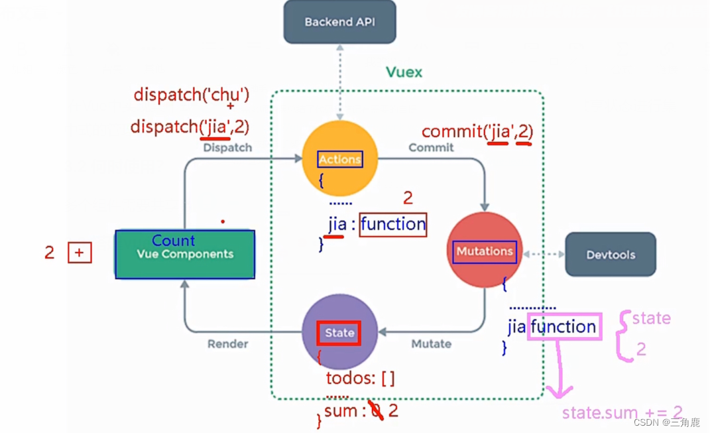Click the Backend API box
click(339, 22)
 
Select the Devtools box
click(610, 255)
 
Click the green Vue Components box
click(185, 255)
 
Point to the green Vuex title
click(404, 72)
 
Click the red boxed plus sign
click(80, 253)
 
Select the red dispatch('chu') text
click(191, 95)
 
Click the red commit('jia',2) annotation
click(477, 131)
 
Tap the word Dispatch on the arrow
click(227, 148)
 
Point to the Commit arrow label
click(431, 148)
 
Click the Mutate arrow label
click(431, 344)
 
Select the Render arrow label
click(227, 344)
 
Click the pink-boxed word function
click(563, 327)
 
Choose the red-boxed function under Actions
click(392, 224)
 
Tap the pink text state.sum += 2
click(622, 412)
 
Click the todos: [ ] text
click(360, 378)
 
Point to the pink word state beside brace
click(651, 318)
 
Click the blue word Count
click(173, 241)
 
